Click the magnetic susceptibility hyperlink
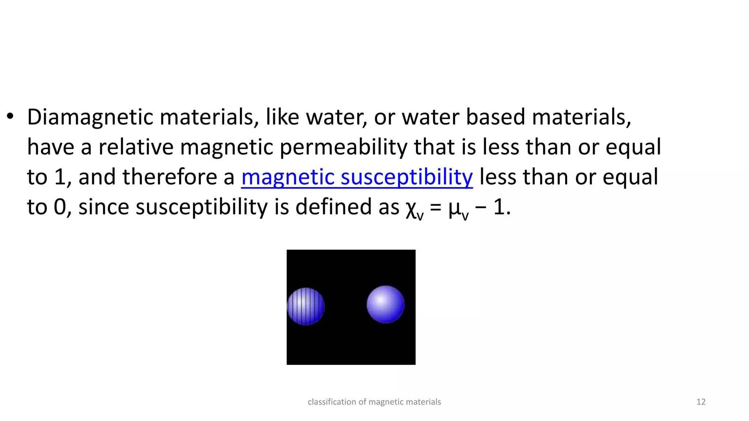[x=357, y=177]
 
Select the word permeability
[x=343, y=147]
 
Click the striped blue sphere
[x=306, y=306]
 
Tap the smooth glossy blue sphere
[x=385, y=304]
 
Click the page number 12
[x=701, y=402]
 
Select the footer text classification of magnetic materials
[x=374, y=402]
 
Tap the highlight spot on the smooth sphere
[x=380, y=299]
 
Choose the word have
[x=51, y=147]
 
